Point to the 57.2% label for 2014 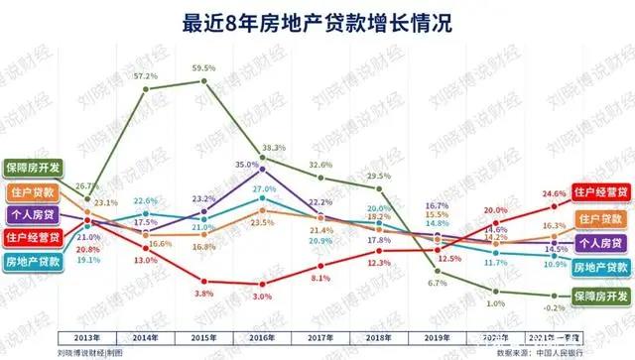pos(146,76)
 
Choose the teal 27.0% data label pos(263,188)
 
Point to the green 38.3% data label pos(273,148)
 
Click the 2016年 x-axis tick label pos(262,338)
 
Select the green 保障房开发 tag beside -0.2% pos(600,296)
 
